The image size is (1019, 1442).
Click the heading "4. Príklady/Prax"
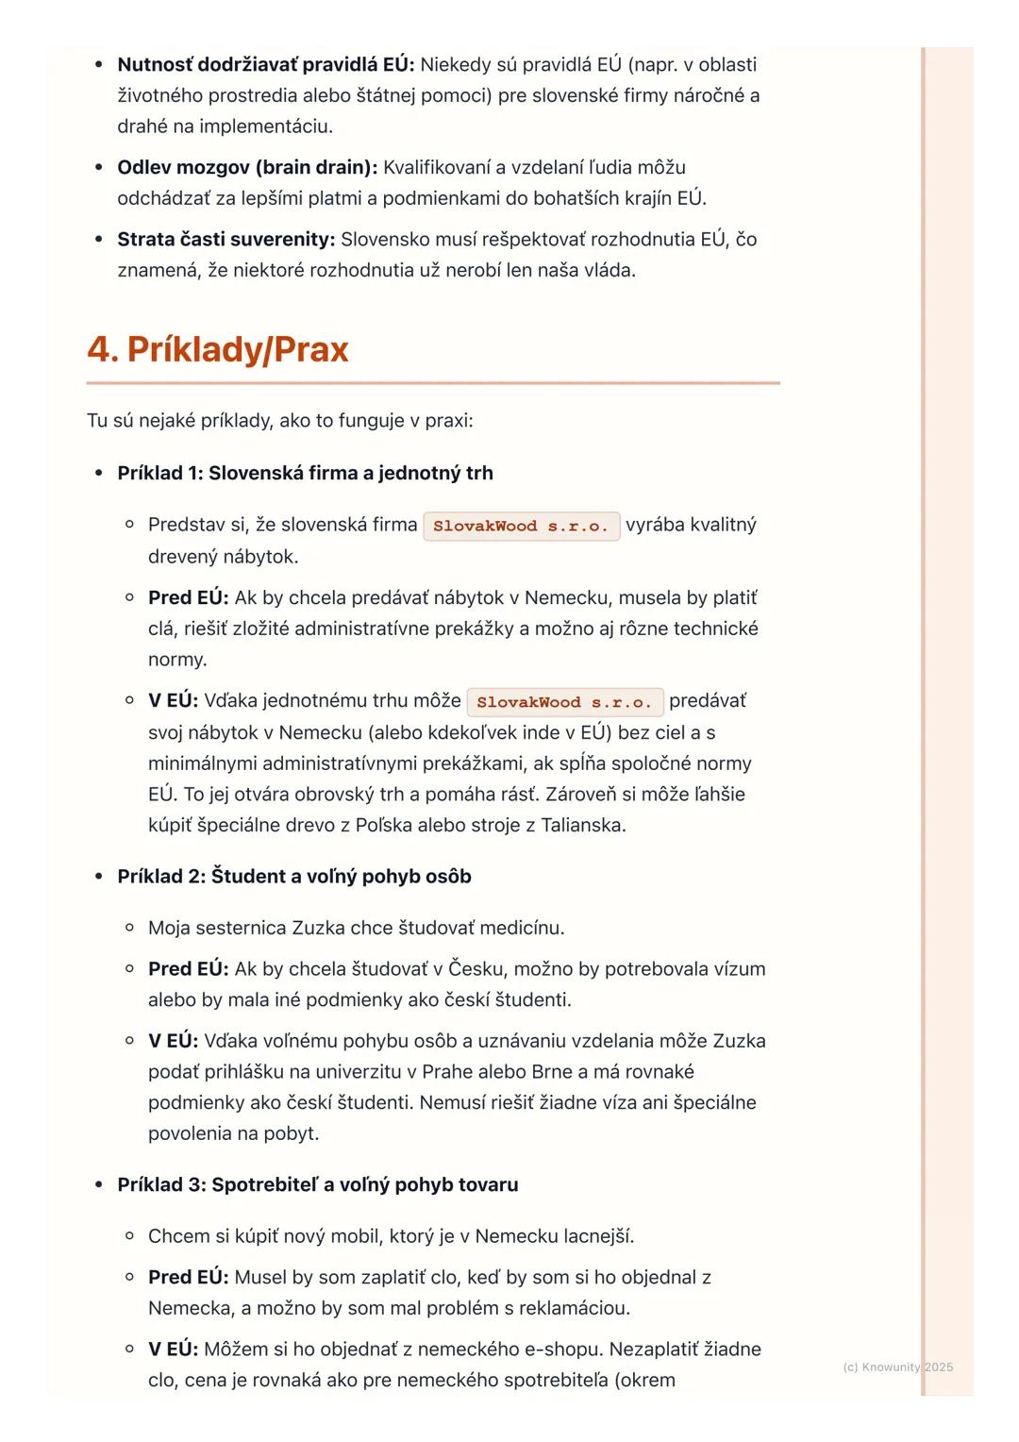(x=218, y=349)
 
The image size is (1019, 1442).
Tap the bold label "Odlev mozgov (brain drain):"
(x=247, y=167)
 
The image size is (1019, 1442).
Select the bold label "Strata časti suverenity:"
(x=226, y=239)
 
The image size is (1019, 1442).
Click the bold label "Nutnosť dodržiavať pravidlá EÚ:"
(x=265, y=64)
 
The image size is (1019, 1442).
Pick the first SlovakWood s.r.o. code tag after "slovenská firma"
(x=521, y=526)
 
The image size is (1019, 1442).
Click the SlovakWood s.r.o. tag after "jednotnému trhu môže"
(x=564, y=702)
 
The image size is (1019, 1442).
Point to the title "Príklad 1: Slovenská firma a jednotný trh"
(x=305, y=473)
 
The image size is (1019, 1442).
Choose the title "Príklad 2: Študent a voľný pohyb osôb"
(x=294, y=876)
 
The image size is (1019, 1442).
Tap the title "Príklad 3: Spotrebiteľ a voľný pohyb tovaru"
(x=318, y=1184)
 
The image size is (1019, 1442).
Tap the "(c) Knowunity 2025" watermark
(x=897, y=1367)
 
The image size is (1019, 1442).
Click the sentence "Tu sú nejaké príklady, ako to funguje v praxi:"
(x=279, y=420)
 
